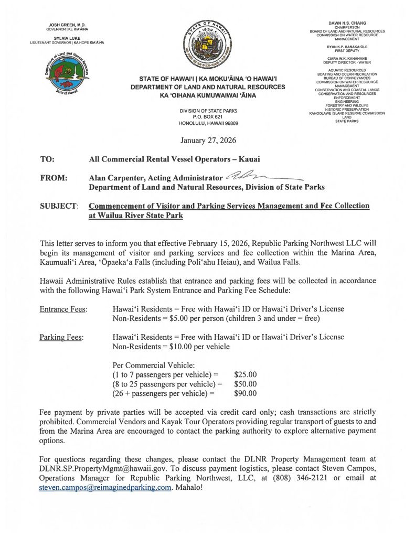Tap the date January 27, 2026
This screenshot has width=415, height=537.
pos(208,141)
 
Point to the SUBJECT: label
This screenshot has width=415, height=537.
pos(59,206)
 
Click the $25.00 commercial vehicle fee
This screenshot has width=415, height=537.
pos(245,374)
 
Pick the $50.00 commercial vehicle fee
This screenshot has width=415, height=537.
pos(245,383)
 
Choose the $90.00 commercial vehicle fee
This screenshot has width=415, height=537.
pos(245,393)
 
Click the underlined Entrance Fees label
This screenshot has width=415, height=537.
pos(63,309)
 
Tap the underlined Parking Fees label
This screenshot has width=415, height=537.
pos(61,337)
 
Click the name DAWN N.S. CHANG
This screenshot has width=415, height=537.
pos(346,23)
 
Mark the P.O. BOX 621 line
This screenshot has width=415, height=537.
pos(208,116)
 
